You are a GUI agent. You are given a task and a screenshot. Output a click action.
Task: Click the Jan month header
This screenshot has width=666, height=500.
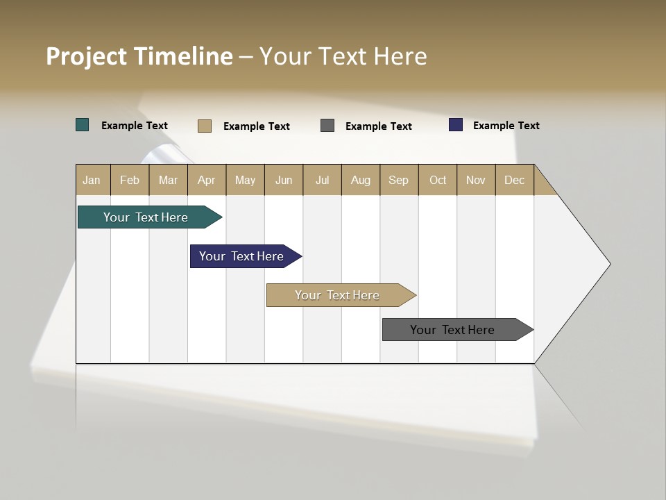92,180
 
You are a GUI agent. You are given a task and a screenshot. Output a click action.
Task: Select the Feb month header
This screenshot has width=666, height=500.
130,180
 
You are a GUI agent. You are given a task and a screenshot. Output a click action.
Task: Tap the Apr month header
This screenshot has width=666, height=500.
207,180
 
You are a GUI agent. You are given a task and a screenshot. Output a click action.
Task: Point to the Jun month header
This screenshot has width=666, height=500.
284,180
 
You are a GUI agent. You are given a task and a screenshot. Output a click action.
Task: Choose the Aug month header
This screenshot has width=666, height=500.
361,180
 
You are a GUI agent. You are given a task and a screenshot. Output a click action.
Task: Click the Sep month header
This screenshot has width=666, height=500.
399,180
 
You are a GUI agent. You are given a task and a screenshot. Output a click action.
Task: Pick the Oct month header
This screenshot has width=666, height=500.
438,180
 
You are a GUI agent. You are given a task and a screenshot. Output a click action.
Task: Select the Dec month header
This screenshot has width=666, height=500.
515,180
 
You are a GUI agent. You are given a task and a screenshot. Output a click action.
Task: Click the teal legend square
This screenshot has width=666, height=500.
83,125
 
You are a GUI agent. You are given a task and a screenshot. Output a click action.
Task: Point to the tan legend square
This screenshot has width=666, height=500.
205,126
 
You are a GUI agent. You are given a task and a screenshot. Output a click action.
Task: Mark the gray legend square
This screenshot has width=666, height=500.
327,125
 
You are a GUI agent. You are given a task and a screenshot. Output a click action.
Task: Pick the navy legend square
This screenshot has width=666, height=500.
456,125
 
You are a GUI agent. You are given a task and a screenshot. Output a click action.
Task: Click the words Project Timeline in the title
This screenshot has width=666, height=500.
139,56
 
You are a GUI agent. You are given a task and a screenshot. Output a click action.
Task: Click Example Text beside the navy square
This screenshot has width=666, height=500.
506,126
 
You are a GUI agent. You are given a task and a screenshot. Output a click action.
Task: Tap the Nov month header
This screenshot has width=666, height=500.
476,180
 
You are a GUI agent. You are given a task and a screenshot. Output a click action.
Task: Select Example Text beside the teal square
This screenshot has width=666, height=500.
135,126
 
